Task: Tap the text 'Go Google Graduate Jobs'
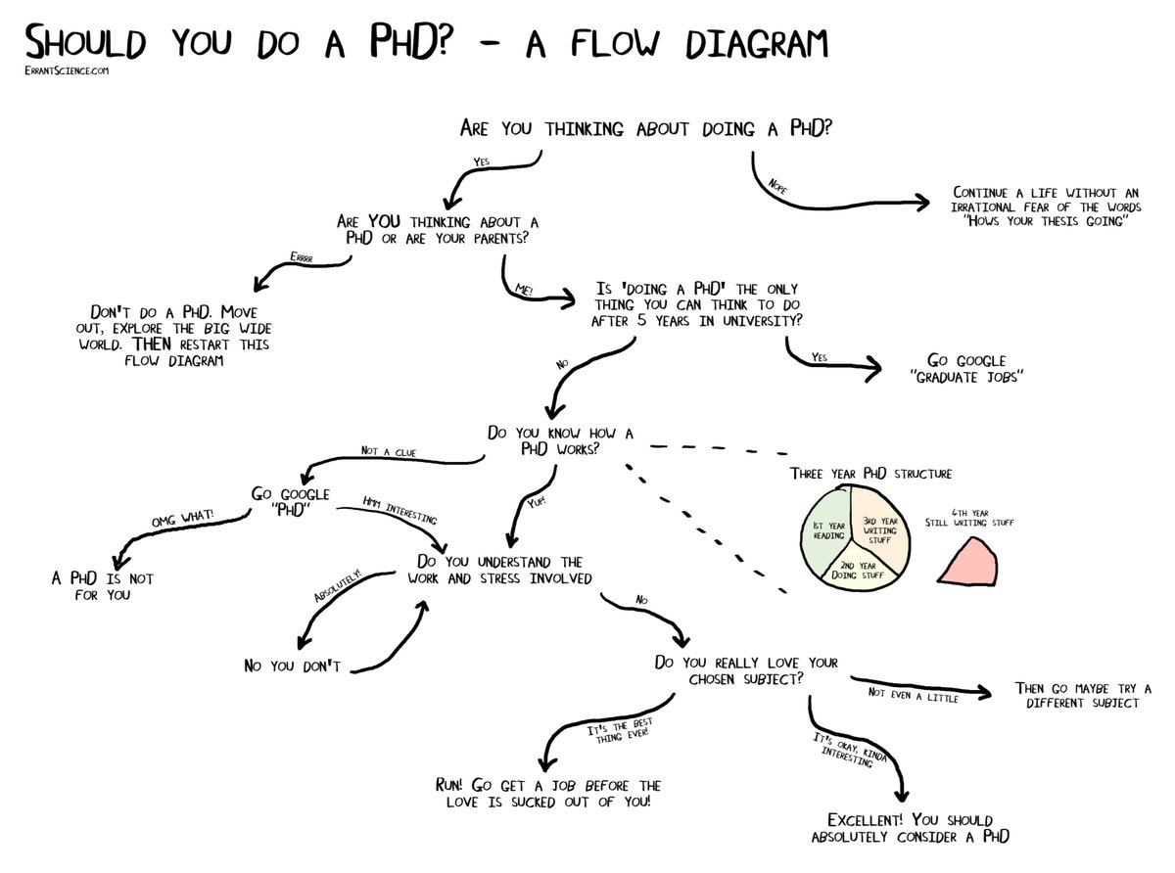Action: coord(966,368)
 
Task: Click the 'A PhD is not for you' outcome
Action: coord(102,586)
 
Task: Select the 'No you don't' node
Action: coord(291,666)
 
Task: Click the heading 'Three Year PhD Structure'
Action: coord(870,475)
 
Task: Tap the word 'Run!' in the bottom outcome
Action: coord(455,785)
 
